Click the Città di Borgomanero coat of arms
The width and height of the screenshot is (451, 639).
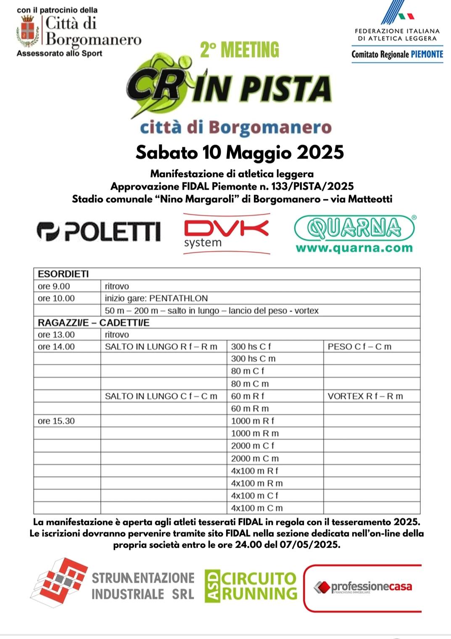28,31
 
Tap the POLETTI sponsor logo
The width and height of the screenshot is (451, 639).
99,231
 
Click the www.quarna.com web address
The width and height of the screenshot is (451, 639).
354,248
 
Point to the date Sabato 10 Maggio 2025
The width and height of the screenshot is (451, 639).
240,152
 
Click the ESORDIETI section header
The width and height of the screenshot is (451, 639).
63,274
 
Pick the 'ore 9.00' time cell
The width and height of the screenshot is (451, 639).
54,286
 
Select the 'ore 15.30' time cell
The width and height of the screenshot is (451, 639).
56,421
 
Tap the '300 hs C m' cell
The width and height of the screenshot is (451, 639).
253,358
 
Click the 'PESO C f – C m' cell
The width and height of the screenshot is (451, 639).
359,347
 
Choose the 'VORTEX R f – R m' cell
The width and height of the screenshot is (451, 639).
365,396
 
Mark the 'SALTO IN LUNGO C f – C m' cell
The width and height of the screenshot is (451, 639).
161,396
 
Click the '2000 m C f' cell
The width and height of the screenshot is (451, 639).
253,445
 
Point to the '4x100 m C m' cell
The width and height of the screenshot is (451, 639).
257,508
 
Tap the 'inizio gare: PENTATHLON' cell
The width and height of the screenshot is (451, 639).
156,298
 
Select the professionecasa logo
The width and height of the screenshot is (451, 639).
363,587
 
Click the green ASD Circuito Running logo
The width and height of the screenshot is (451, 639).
251,586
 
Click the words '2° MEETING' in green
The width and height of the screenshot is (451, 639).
239,50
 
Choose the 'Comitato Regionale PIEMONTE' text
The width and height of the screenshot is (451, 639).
397,54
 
